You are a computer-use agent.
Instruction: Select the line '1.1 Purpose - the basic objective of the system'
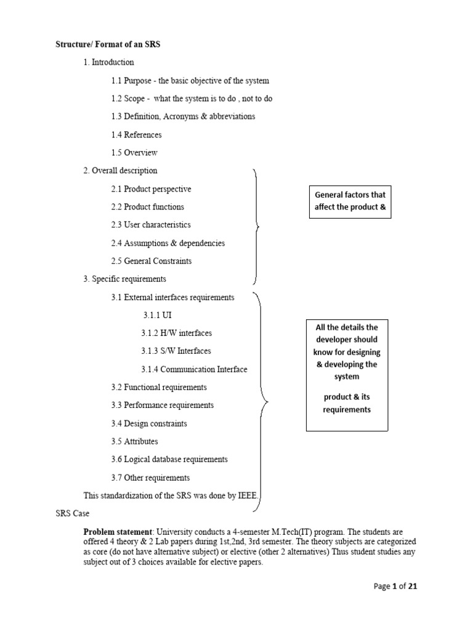pyautogui.click(x=190, y=81)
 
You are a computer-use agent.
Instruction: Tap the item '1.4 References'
pyautogui.click(x=136, y=134)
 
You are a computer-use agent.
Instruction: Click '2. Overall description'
pyautogui.click(x=120, y=171)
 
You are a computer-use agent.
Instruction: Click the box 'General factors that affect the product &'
pyautogui.click(x=350, y=201)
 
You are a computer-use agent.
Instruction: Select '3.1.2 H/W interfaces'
pyautogui.click(x=176, y=333)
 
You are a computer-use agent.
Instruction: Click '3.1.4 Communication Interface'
pyautogui.click(x=194, y=369)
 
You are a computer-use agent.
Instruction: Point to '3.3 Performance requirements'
pyautogui.click(x=162, y=405)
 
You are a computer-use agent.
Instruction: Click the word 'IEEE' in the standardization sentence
pyautogui.click(x=248, y=495)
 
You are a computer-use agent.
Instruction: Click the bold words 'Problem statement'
pyautogui.click(x=118, y=531)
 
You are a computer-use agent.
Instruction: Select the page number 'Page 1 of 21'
pyautogui.click(x=395, y=587)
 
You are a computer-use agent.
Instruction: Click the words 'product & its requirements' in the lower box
pyautogui.click(x=347, y=403)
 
